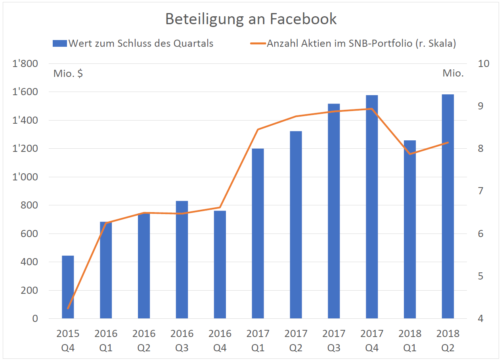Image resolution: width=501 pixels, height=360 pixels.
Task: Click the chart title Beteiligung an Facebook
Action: tap(250, 19)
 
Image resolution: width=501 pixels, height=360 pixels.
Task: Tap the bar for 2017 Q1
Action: tap(258, 234)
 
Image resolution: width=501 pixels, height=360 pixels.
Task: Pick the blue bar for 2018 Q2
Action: tap(448, 206)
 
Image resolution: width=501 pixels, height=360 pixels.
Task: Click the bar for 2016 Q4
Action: tap(220, 264)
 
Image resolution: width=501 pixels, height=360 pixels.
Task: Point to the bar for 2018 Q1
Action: tap(410, 230)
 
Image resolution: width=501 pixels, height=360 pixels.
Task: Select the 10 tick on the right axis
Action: tap(484, 64)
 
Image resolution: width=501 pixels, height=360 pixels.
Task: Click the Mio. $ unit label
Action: tap(68, 74)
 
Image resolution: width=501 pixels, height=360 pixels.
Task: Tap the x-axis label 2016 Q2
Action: tap(144, 341)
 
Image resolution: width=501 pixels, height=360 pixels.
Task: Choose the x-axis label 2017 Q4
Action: tap(372, 341)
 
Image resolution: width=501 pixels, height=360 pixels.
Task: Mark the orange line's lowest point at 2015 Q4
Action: tap(68, 308)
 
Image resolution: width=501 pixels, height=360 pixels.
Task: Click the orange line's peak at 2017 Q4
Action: tap(372, 109)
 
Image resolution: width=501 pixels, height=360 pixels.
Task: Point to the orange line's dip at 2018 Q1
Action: tap(410, 154)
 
